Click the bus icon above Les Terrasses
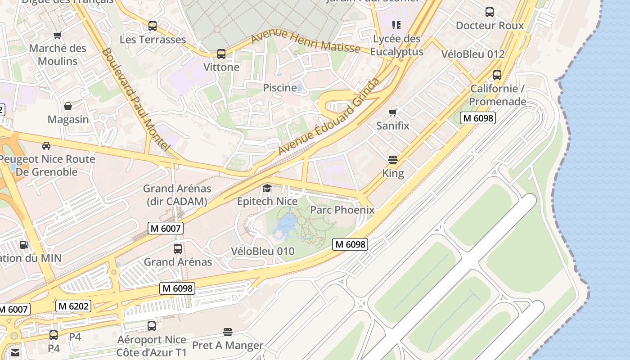pos(153,26)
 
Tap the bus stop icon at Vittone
pos(221,54)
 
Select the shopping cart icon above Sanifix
pos(393,112)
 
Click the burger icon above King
pos(393,159)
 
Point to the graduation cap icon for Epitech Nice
pos(267,188)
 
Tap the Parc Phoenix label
pos(342,210)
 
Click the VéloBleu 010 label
pos(263,251)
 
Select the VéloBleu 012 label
pos(473,54)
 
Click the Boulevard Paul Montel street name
pos(135,99)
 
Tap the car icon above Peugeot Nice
pos(46,145)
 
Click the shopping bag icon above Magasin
pos(68,106)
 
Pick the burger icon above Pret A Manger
pos(228,332)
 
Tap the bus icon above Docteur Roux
pos(490,12)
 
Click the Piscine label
pos(280,88)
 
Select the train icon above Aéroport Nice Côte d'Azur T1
pos(152,326)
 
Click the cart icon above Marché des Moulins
pos(57,35)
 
